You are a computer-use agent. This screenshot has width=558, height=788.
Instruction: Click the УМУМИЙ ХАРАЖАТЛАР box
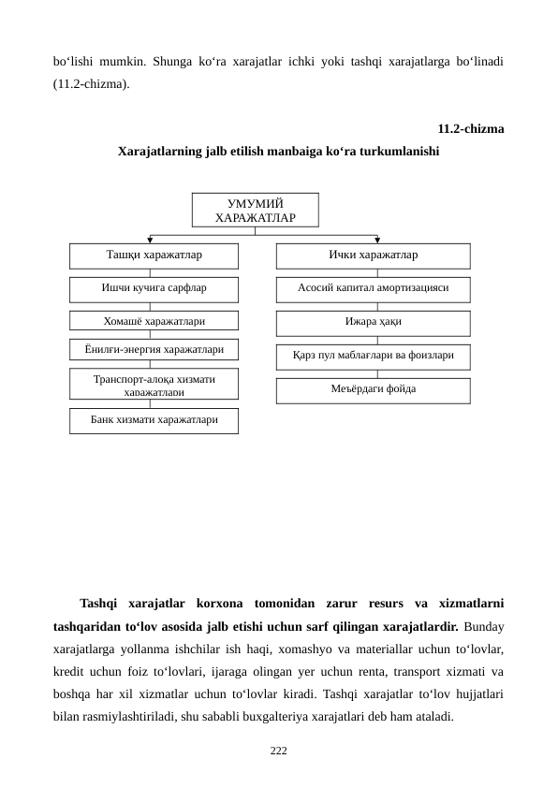pos(255,210)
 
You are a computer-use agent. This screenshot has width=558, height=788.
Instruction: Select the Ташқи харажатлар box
pos(154,255)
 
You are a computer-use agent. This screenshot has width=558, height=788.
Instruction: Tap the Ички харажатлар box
pos(373,255)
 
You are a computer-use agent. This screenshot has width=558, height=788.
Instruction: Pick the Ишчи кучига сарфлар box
pos(154,288)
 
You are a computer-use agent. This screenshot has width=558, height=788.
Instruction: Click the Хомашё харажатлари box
pos(154,321)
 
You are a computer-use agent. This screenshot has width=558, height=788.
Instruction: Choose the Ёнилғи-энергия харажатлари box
pos(154,350)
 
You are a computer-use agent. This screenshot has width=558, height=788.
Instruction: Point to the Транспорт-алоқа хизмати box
pos(154,383)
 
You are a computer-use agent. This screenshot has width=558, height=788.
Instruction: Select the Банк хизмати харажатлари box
pos(154,420)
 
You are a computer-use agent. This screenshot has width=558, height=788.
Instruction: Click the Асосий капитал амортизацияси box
pos(373,288)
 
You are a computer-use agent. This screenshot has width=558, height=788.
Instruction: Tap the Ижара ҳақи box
pos(373,322)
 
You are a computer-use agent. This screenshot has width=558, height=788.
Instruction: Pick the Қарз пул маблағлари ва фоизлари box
pos(373,357)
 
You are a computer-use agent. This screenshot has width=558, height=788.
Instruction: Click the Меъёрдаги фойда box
pos(373,389)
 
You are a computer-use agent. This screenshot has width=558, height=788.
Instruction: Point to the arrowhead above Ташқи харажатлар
pos(151,240)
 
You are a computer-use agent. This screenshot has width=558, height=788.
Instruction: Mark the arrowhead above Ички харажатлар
pos(377,240)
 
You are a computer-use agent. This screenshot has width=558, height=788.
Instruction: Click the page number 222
pos(278,751)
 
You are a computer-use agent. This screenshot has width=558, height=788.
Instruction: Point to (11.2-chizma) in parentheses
pos(92,83)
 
